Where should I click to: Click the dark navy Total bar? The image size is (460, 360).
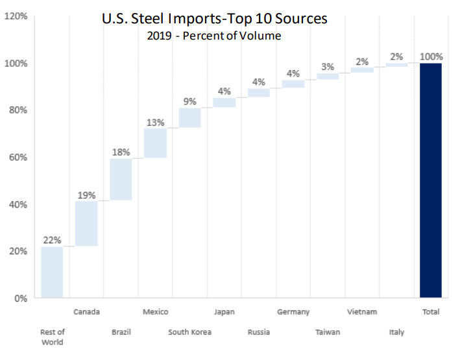(x=431, y=180)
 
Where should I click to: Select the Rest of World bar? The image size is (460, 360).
(x=52, y=272)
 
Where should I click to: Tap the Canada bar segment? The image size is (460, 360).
(x=86, y=223)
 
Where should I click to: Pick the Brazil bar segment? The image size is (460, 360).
(x=121, y=179)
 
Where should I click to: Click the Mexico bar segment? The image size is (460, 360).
(x=155, y=143)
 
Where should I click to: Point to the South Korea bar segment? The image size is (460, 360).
(x=189, y=117)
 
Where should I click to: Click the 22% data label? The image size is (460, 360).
(x=52, y=239)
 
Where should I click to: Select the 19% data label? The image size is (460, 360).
(x=86, y=194)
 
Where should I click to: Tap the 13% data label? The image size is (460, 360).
(x=155, y=121)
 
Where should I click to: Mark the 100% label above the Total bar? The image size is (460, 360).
(x=431, y=56)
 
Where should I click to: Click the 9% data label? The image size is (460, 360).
(x=189, y=101)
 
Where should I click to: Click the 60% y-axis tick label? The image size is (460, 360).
(x=18, y=158)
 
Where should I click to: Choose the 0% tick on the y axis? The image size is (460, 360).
(x=20, y=298)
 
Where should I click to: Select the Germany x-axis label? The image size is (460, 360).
(x=293, y=312)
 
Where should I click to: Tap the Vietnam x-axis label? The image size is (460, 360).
(x=362, y=312)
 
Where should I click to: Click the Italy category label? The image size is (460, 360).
(x=396, y=332)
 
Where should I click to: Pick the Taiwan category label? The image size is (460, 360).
(x=328, y=332)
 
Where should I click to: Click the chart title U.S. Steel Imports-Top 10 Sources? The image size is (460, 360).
(x=215, y=19)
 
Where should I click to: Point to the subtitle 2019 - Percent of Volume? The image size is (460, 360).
(x=215, y=36)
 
